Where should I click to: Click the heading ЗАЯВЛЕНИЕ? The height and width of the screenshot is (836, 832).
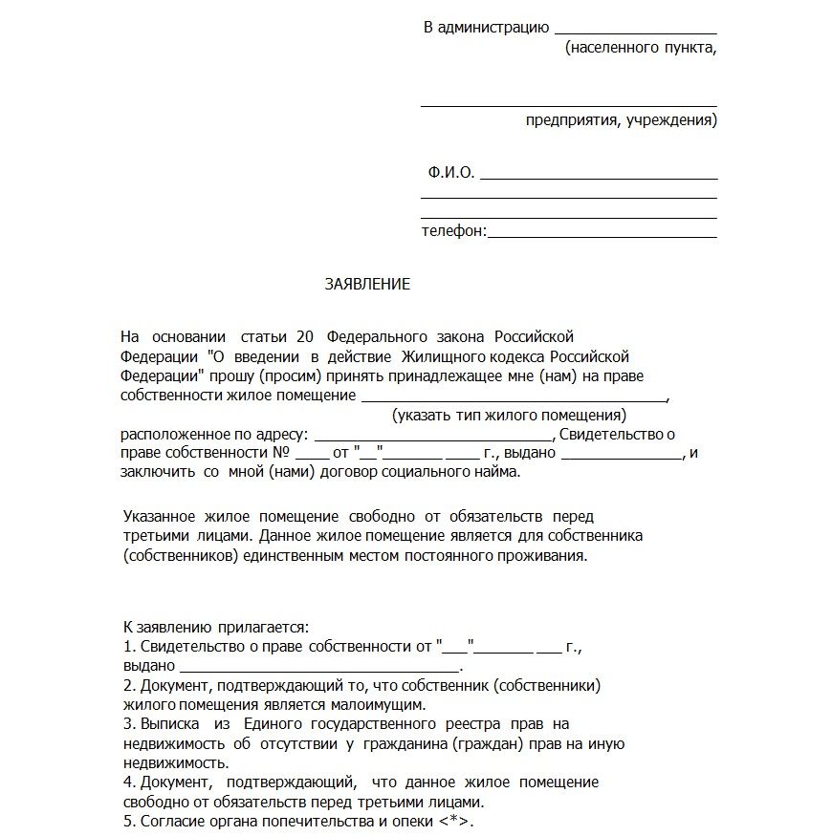367,284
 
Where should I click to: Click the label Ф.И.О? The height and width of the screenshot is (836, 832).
451,173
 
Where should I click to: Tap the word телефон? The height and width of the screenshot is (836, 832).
453,230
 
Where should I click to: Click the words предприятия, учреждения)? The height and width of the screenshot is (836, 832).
621,120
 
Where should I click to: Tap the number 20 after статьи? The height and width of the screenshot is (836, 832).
306,337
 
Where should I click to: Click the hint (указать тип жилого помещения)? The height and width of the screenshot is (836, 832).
509,416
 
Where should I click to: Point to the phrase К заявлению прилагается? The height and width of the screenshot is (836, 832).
216,627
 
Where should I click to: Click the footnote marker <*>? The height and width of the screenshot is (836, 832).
455,822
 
